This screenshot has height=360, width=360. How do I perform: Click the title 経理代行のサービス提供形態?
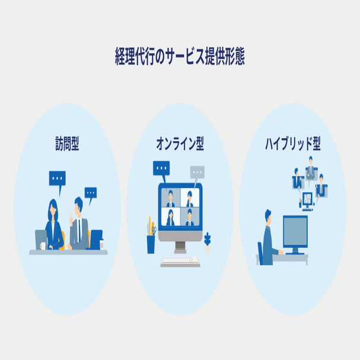(x=180, y=57)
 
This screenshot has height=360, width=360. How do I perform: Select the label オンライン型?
(x=180, y=144)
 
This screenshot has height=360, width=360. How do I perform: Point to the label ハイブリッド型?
(x=292, y=144)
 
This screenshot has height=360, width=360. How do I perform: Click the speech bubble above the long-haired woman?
(x=57, y=177)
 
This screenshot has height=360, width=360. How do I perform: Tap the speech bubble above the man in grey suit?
(x=90, y=193)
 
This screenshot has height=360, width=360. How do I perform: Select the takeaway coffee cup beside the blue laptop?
(x=101, y=244)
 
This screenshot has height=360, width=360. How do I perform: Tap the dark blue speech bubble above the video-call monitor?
(x=161, y=168)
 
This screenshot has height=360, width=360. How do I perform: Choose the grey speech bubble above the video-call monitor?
(x=197, y=173)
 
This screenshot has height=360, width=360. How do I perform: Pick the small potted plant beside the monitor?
(x=207, y=240)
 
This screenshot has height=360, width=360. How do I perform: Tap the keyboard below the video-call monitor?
(x=180, y=261)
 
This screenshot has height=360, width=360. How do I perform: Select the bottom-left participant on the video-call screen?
(x=170, y=217)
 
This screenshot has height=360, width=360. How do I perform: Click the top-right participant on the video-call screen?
(x=189, y=197)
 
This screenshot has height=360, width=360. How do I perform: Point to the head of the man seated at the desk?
(x=269, y=216)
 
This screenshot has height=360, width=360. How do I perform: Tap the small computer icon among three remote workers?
(x=307, y=199)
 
